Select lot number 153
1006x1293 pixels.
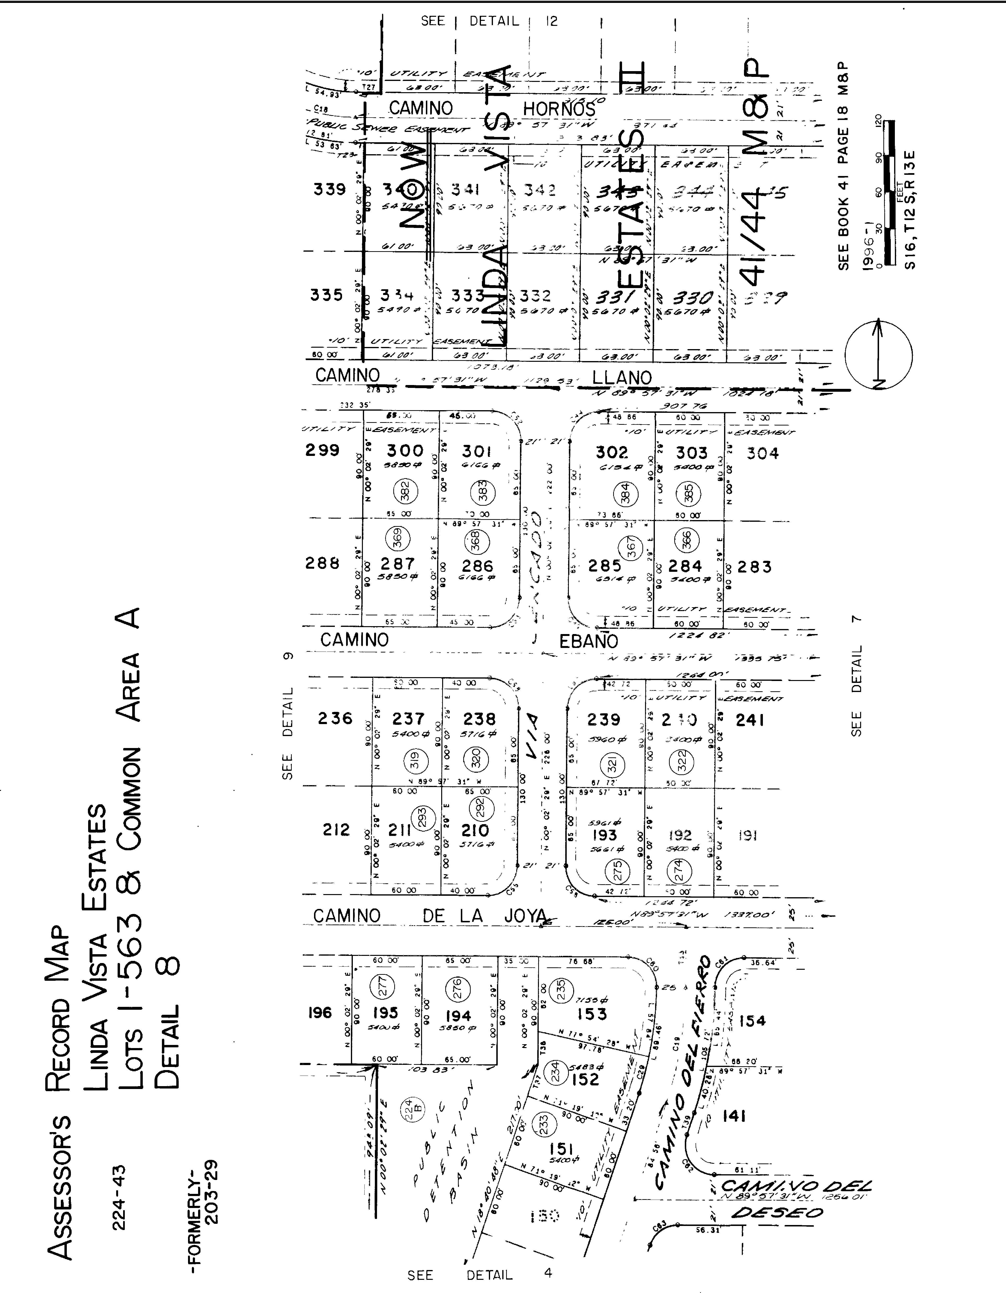tap(592, 1014)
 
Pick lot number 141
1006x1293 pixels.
tap(734, 1116)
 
